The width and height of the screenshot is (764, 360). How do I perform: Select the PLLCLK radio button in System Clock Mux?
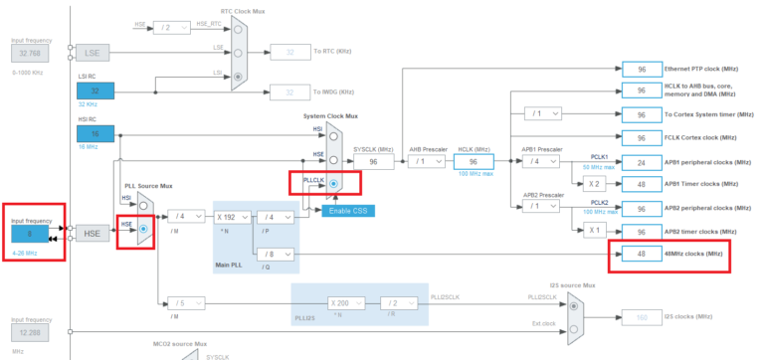tap(333, 183)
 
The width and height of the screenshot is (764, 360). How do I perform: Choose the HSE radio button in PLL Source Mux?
tap(144, 228)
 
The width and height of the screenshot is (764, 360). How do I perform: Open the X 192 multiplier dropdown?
tap(231, 217)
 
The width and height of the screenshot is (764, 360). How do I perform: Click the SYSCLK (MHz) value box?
tap(373, 160)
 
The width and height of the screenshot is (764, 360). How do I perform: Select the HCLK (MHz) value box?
tap(475, 160)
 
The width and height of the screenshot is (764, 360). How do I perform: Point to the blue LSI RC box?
tap(95, 90)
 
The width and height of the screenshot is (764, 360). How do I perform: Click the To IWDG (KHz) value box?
tap(289, 91)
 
